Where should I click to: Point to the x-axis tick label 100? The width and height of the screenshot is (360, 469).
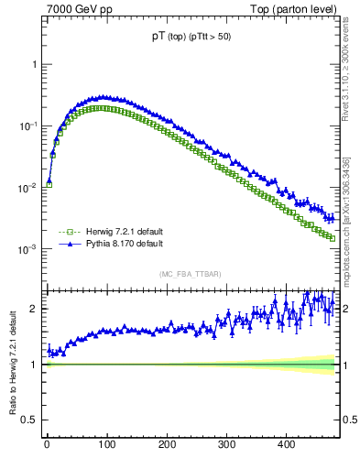point(106,444)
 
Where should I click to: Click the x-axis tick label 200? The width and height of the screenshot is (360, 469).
point(166,444)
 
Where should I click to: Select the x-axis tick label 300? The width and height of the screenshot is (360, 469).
point(226,444)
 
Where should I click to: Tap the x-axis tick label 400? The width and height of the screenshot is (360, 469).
point(286,444)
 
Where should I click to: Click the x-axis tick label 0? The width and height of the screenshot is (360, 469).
point(47,444)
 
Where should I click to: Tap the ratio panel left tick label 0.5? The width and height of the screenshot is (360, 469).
point(29,420)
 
